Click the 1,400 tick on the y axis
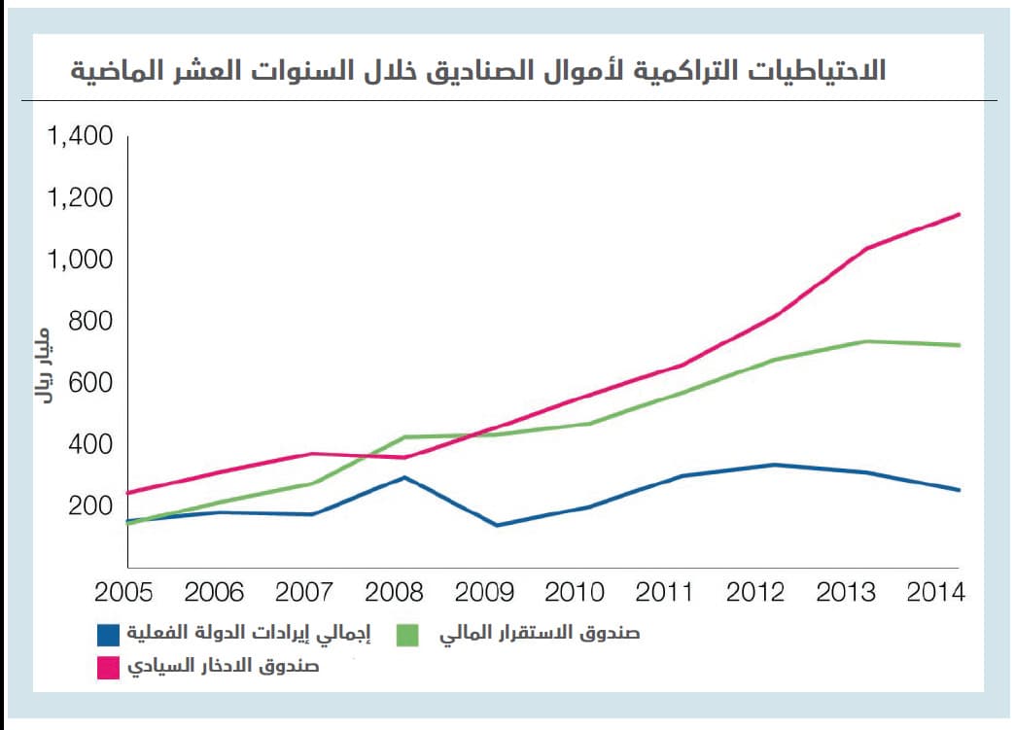click(80, 136)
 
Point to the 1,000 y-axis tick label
click(80, 261)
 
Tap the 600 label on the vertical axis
click(91, 383)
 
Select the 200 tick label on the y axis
click(91, 506)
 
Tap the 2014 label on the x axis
click(934, 592)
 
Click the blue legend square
click(110, 634)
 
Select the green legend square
click(408, 634)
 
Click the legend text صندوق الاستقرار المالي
click(540, 634)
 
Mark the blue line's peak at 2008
click(402, 477)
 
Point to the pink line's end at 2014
click(960, 214)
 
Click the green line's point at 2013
click(866, 341)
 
